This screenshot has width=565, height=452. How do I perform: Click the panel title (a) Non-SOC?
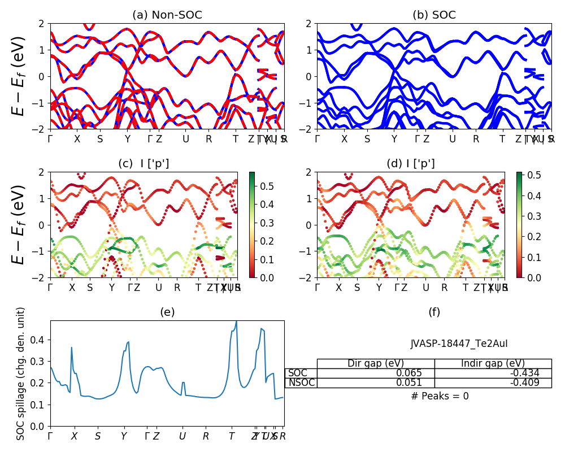point(167,15)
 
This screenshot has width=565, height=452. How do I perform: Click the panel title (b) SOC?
point(434,15)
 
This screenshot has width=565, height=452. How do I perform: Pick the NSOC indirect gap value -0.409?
point(525,383)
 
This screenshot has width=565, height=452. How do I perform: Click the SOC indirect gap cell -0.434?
point(525,373)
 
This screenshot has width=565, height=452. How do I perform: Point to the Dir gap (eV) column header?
point(376,363)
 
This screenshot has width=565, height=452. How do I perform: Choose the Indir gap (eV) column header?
point(493,363)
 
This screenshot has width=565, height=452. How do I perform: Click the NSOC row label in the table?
point(301,383)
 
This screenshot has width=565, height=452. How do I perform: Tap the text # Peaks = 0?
point(440,396)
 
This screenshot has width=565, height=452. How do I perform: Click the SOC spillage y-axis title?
point(21,373)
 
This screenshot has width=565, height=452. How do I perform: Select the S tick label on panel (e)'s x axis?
point(98,436)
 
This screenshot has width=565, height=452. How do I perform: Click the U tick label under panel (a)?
point(185,139)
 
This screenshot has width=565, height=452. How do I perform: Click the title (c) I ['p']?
point(144,164)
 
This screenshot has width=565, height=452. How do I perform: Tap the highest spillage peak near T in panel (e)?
point(236,321)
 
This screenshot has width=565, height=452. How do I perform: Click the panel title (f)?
point(434,312)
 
